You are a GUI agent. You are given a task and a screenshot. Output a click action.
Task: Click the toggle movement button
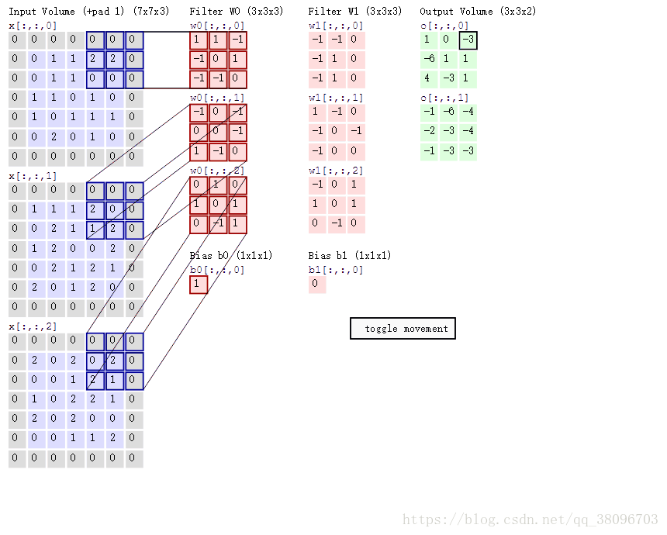pyautogui.click(x=403, y=328)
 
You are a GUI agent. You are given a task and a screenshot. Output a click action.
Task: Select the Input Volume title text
pyautogui.click(x=42, y=11)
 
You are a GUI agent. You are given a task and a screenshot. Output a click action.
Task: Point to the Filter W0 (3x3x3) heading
pyautogui.click(x=237, y=11)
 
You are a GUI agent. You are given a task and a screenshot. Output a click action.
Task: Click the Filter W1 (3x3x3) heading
pyautogui.click(x=355, y=11)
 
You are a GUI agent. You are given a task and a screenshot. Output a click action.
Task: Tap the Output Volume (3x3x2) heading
pyautogui.click(x=478, y=11)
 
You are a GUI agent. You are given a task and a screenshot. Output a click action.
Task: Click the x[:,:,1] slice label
pyautogui.click(x=33, y=176)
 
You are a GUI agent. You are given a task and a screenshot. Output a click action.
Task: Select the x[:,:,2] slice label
pyautogui.click(x=33, y=326)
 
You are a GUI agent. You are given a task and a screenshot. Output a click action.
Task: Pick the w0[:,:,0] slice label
pyautogui.click(x=217, y=26)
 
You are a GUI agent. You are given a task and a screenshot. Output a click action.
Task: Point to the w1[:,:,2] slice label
pyautogui.click(x=336, y=171)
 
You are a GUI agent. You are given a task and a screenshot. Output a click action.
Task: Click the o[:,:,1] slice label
pyautogui.click(x=444, y=98)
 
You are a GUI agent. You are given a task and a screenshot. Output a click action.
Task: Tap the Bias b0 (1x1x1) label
pyautogui.click(x=231, y=255)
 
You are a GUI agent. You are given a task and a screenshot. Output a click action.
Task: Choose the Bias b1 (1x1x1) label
pyautogui.click(x=350, y=255)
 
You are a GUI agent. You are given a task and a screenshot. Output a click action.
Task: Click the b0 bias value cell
pyautogui.click(x=199, y=285)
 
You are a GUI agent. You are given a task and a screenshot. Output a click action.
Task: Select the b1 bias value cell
pyautogui.click(x=317, y=284)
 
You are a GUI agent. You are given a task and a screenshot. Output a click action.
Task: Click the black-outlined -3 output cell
pyautogui.click(x=468, y=40)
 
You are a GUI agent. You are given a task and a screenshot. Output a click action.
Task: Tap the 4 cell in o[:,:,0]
pyautogui.click(x=429, y=79)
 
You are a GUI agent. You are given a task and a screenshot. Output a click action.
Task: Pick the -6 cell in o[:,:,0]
pyautogui.click(x=429, y=60)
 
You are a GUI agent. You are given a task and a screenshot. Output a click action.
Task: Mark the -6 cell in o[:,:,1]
pyautogui.click(x=449, y=112)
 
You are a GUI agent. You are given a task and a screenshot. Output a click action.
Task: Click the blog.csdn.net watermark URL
pyautogui.click(x=530, y=519)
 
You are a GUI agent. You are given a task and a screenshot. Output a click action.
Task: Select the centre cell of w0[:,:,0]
pyautogui.click(x=218, y=60)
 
